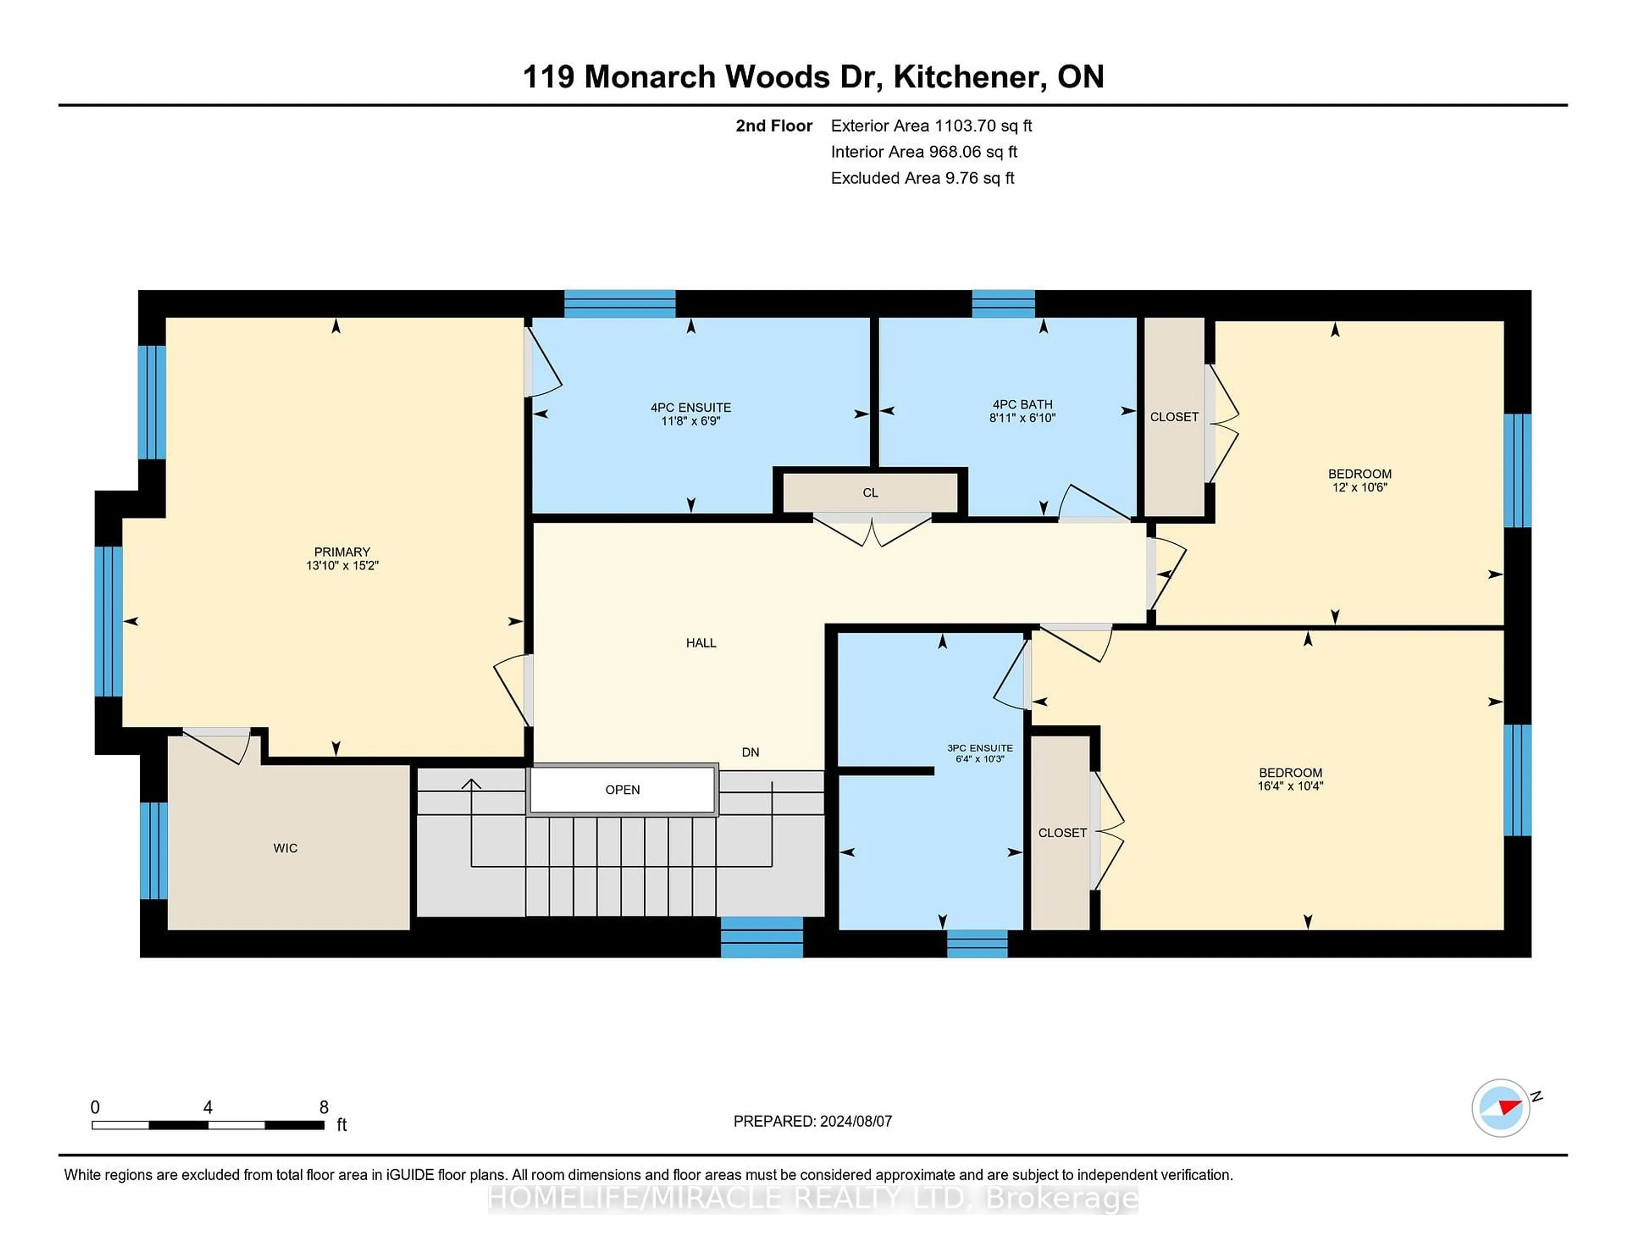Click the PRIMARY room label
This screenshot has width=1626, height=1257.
tap(342, 552)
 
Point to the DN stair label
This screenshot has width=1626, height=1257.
tap(750, 752)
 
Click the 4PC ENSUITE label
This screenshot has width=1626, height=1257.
tap(691, 407)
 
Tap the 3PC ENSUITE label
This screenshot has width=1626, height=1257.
tap(980, 748)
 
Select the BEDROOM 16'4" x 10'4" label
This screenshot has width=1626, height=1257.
tap(1290, 779)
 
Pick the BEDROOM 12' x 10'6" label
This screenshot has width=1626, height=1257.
tap(1360, 480)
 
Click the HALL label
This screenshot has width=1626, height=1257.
tap(701, 642)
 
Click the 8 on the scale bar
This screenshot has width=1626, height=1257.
tap(324, 1107)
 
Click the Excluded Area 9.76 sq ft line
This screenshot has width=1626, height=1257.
tap(922, 178)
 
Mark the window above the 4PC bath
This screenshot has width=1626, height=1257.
tap(1003, 304)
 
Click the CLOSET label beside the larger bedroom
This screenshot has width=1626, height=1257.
tap(1062, 833)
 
